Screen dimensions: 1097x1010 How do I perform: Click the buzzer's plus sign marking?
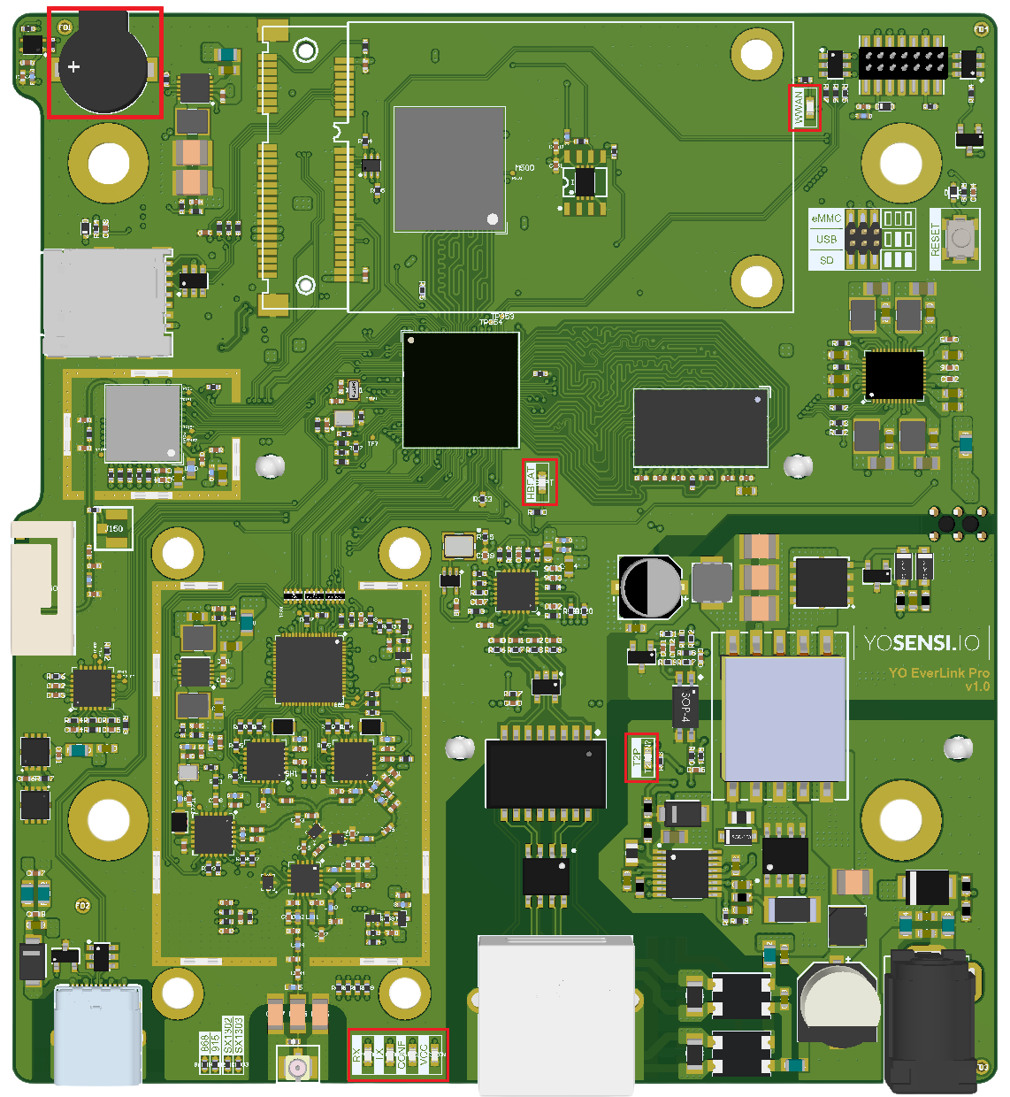(74, 66)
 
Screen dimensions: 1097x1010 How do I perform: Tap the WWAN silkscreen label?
(799, 108)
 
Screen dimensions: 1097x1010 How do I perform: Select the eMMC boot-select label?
(826, 219)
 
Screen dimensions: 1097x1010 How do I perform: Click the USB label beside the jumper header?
(826, 239)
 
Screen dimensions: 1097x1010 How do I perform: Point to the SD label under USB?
(826, 260)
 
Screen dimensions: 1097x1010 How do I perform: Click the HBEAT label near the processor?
(532, 483)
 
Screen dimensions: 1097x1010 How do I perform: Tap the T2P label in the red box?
(636, 758)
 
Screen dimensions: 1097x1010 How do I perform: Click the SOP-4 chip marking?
(685, 706)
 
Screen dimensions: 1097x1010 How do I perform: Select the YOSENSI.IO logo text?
(922, 643)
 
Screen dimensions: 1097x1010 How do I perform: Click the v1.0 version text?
(977, 687)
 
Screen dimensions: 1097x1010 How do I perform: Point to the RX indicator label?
(357, 1055)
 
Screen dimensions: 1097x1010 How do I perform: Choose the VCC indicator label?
(424, 1055)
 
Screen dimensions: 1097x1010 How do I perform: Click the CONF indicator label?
(401, 1055)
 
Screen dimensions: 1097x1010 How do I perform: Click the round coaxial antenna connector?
(297, 1068)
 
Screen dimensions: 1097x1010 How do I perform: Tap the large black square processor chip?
(461, 390)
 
